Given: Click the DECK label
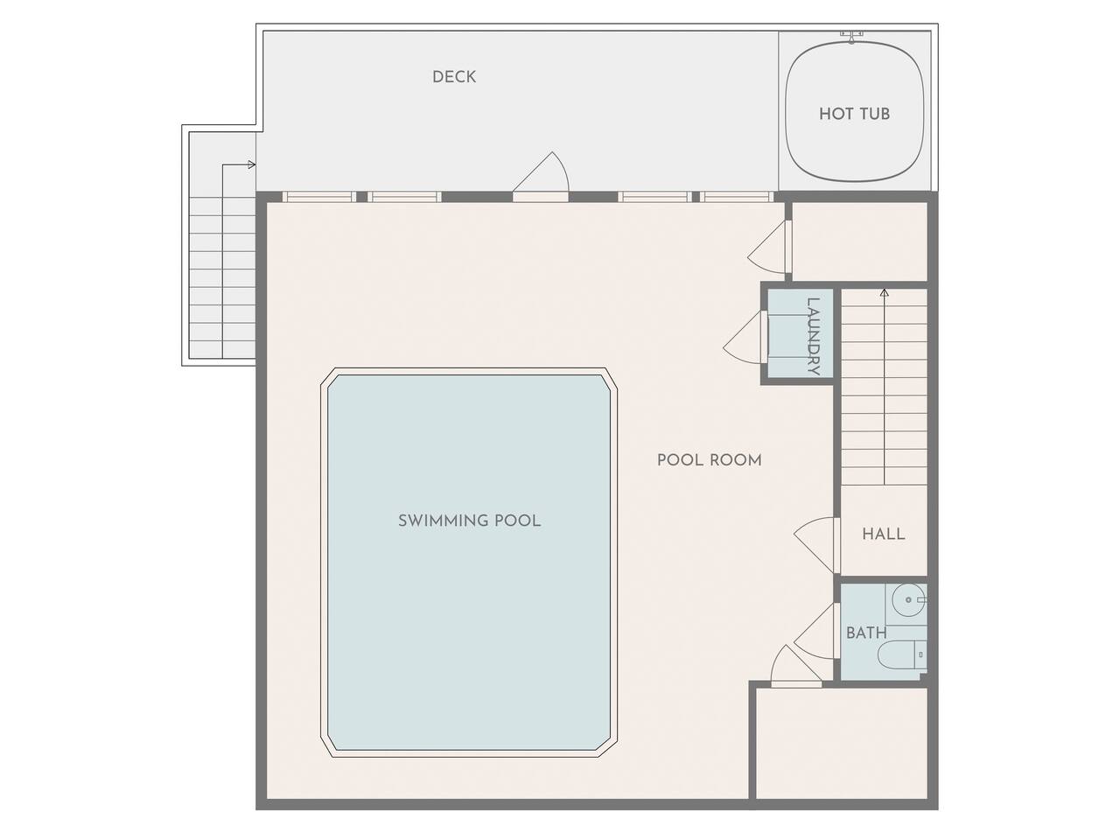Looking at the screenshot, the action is point(453,77).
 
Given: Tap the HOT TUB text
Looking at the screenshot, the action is point(854,114).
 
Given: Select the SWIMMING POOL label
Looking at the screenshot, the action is point(469,521).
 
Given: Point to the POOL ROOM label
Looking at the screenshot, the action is point(709,460).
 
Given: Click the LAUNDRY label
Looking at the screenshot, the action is point(813,336).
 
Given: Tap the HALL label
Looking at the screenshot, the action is point(883,534).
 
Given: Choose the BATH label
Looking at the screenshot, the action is point(866,633).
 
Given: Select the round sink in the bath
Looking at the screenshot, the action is point(909,599).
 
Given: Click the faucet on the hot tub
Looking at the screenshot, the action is point(851,37).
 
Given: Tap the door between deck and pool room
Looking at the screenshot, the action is point(541,177).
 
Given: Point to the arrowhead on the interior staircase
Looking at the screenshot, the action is point(885,293).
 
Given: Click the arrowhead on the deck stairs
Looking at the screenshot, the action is point(251,164).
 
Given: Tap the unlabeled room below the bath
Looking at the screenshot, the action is point(840,743).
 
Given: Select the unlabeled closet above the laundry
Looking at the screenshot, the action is point(859,241).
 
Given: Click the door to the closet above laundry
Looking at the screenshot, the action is point(769,247).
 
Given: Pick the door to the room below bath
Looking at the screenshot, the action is point(796,666).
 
